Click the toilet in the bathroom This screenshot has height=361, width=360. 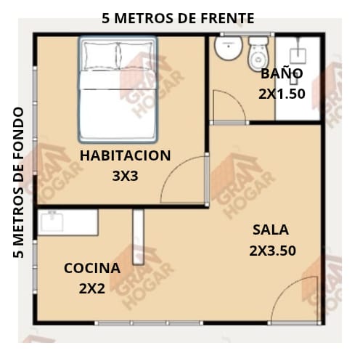(258, 54)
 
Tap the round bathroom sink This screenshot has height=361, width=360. (229, 48)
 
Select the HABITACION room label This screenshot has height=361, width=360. (126, 155)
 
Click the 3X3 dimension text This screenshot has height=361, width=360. (126, 176)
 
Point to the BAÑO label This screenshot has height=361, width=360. (282, 73)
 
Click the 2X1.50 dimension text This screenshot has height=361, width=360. (282, 94)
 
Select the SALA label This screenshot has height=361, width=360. (271, 230)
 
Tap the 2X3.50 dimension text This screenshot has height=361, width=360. (273, 251)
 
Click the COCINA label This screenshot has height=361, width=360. (92, 268)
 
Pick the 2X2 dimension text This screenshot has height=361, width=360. (92, 289)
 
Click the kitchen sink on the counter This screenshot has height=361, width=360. (52, 221)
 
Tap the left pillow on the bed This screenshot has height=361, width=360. (100, 55)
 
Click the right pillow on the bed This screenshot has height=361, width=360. (136, 55)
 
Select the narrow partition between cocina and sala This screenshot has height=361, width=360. (139, 237)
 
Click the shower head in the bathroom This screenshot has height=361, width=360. (298, 56)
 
